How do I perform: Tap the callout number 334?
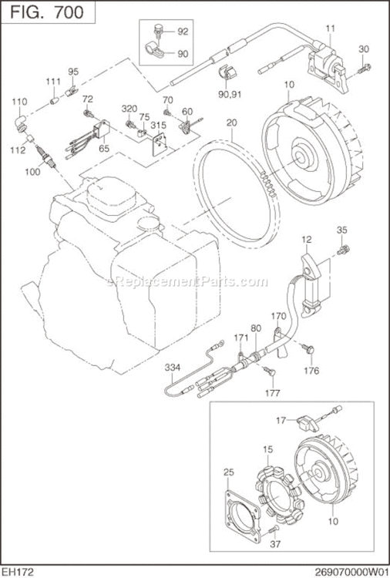173,368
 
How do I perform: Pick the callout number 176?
310,370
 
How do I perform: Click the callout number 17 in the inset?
282,419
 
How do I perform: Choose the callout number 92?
183,32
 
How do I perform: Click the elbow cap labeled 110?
21,120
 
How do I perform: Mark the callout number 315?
158,125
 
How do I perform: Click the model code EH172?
18,571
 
